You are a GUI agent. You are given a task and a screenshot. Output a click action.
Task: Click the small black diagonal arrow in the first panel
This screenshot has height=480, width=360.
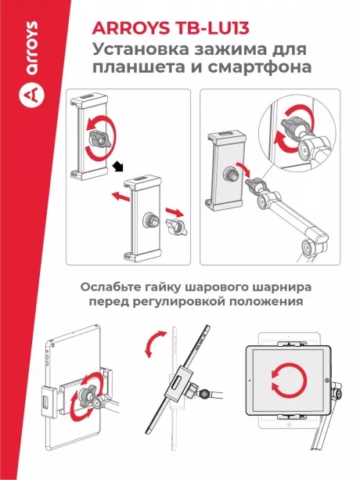click(119, 164)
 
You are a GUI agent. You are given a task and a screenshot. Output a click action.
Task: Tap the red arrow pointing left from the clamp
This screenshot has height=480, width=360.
click(118, 197)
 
